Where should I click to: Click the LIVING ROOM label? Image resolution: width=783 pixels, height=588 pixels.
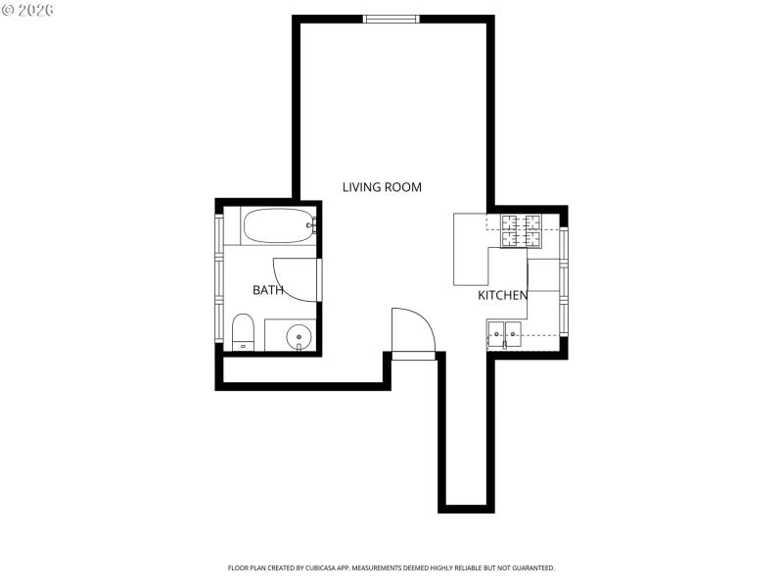(382, 186)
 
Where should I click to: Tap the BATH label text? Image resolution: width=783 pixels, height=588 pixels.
(268, 290)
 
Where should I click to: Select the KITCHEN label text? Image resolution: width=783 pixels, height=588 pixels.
(503, 295)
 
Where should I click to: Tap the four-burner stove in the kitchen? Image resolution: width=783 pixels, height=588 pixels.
(522, 231)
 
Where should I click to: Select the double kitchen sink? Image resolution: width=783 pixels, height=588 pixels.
(505, 335)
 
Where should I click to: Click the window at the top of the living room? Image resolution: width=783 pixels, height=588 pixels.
(391, 18)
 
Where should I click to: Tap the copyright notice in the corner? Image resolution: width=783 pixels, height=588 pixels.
(28, 10)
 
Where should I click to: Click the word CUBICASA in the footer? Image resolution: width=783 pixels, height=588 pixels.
(331, 567)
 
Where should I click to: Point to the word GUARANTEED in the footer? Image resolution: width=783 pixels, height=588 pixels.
(533, 567)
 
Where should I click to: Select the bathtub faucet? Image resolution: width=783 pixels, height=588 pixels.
(311, 226)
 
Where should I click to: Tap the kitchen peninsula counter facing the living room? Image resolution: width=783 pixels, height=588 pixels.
(471, 250)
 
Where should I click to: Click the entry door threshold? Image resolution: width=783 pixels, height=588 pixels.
(414, 356)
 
